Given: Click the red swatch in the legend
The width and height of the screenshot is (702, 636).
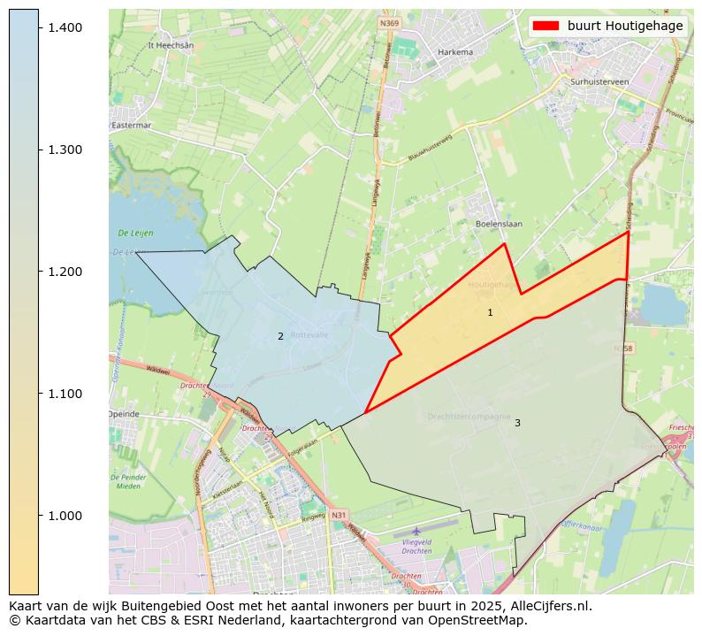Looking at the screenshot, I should point(546,26).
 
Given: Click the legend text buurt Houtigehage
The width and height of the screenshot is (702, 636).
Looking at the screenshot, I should point(624,26).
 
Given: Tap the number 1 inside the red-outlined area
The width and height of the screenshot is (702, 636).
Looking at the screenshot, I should point(490,313).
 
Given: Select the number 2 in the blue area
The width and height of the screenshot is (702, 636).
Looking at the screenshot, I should point(280,336).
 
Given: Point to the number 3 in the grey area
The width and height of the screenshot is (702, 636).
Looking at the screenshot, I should point(517,423).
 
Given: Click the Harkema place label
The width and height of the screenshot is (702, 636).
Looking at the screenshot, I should point(455,52).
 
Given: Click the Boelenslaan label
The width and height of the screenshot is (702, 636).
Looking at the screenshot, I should point(499,224).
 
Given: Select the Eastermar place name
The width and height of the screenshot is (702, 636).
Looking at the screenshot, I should point(132,126).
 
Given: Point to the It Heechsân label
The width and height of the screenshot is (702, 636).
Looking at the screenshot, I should point(171,44).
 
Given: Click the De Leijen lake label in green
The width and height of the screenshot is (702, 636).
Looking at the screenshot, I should point(135,233).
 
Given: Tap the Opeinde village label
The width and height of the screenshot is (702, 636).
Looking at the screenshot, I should point(124,414).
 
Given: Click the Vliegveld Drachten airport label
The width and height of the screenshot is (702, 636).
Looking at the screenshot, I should point(416,546).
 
